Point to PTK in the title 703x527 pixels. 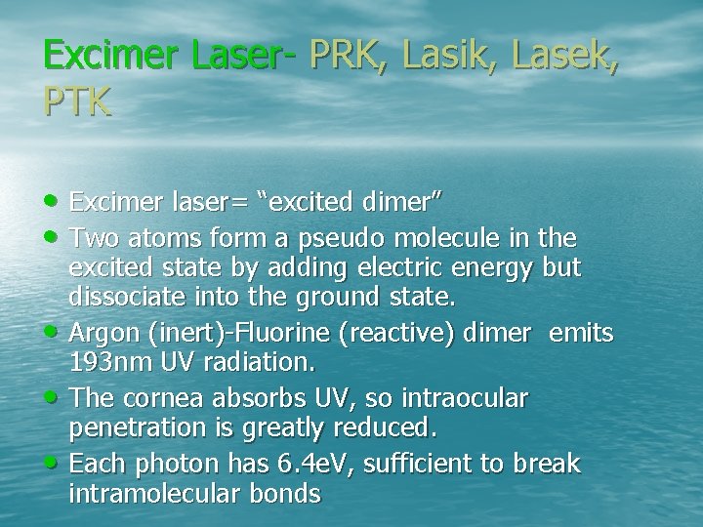tap(77, 101)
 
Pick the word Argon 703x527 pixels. tap(104, 333)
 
